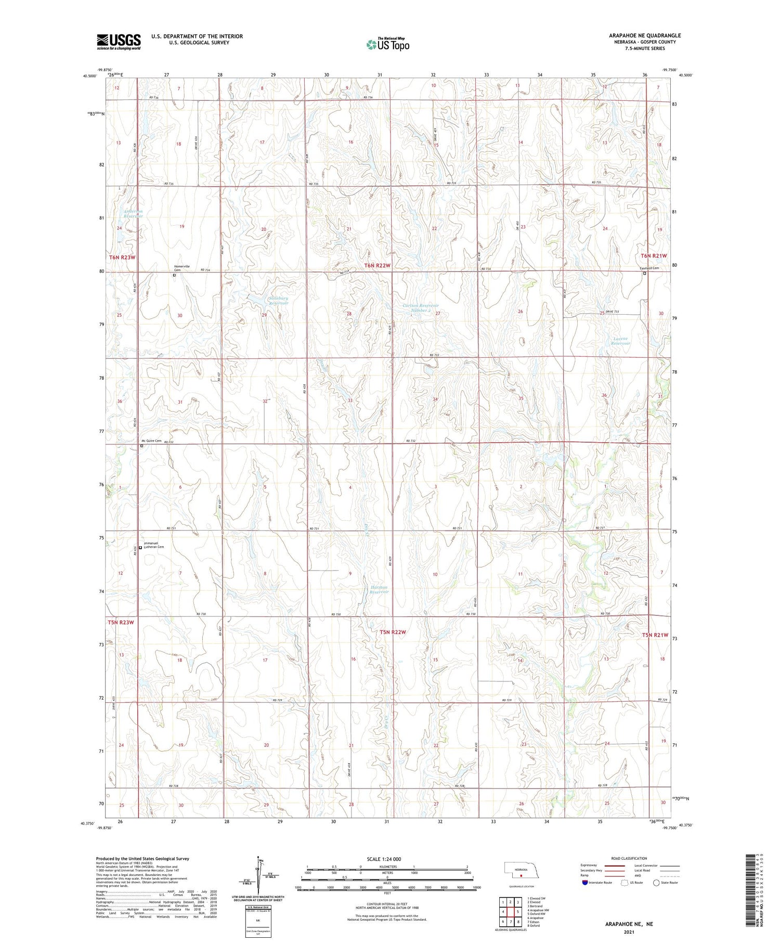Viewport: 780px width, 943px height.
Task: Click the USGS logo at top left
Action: (119, 42)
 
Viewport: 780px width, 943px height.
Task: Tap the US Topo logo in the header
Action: (387, 45)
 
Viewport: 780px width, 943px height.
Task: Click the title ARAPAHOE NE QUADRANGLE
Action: (645, 35)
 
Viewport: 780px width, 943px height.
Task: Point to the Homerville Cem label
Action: (181, 268)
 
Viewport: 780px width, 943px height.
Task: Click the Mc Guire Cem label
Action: (151, 441)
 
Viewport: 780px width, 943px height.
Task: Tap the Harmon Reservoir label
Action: (379, 589)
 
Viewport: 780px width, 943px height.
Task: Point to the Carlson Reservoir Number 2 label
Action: (421, 307)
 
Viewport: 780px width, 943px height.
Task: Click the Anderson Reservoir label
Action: (133, 214)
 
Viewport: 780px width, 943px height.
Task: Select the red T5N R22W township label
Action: (393, 632)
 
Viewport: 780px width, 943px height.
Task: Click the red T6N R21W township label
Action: (654, 256)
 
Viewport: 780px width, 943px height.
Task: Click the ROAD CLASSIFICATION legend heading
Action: (629, 858)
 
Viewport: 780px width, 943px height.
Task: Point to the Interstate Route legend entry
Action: (598, 882)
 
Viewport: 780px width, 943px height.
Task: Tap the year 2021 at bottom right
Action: (629, 931)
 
